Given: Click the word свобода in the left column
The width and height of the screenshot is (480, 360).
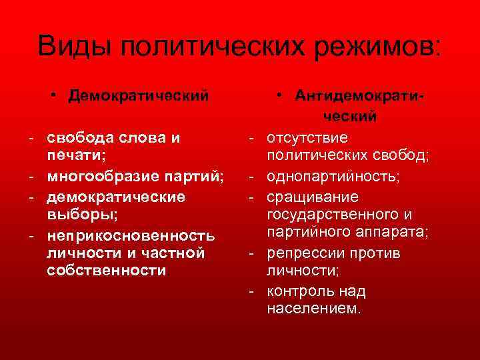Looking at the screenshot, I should tap(84, 138).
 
